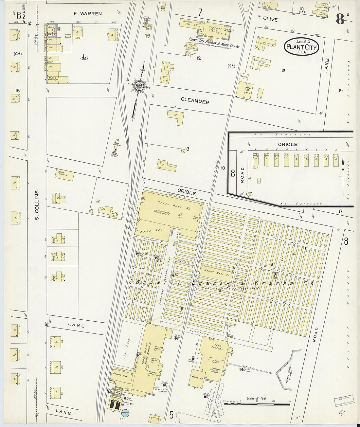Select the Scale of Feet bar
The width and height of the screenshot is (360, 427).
257,404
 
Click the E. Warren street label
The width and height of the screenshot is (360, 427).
87,14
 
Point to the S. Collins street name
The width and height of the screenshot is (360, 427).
37,205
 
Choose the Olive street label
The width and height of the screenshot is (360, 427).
270,19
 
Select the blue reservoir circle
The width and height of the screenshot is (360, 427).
126,414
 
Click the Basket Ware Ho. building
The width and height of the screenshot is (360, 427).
216,271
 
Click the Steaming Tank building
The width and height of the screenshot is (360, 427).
122,377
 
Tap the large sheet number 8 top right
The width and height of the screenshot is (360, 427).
340,20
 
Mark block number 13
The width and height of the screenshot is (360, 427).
283,70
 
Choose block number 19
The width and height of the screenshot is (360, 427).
187,149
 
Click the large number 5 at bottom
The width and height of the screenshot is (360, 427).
171,416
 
